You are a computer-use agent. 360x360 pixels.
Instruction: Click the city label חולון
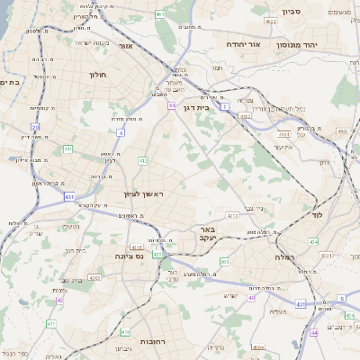point(98,75)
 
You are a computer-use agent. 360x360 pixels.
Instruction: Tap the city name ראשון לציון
point(141,193)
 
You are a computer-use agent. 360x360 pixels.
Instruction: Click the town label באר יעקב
point(208,234)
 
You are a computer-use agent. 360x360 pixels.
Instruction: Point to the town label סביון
point(290,13)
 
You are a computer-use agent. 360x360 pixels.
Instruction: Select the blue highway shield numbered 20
point(36,127)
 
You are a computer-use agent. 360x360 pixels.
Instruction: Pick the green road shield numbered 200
point(224,261)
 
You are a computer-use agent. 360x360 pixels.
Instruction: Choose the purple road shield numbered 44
point(313,332)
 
